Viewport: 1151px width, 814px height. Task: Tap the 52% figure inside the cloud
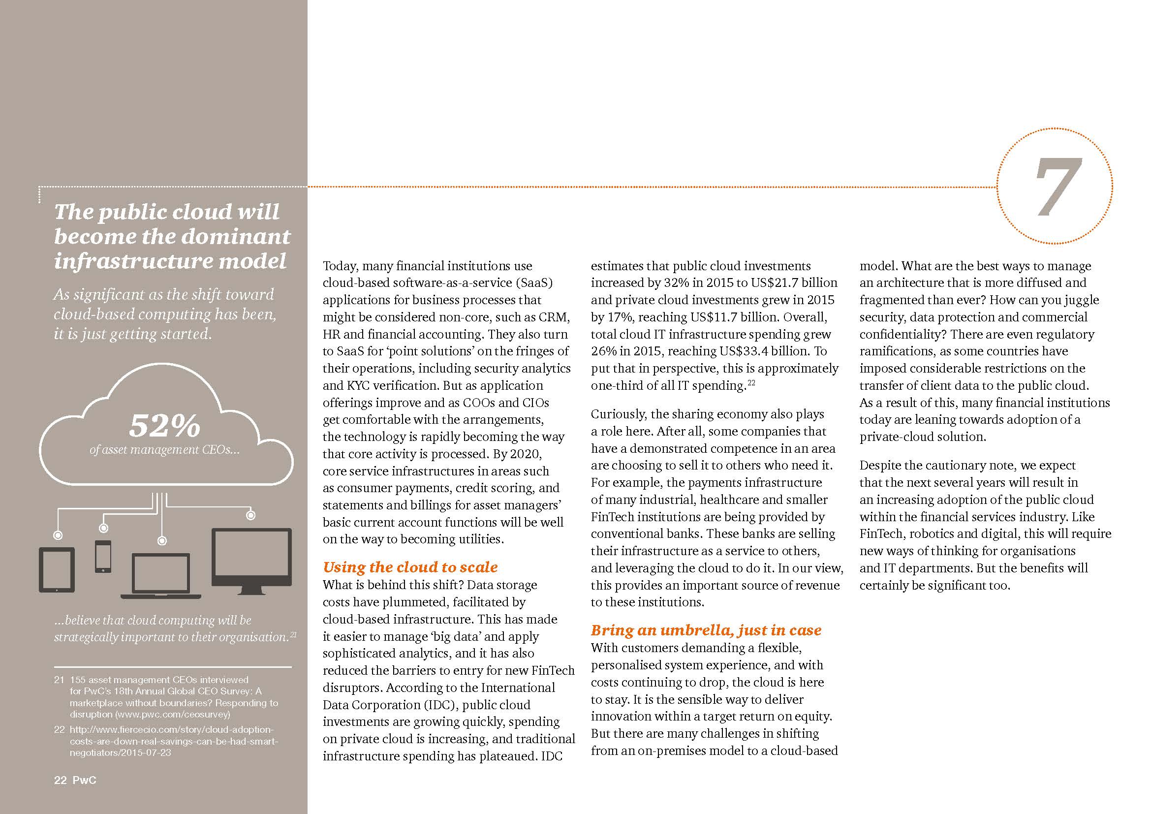coord(164,426)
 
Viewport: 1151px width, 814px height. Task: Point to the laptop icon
coord(161,575)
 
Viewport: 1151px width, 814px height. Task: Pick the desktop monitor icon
coord(251,561)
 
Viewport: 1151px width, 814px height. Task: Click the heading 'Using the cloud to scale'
coord(410,567)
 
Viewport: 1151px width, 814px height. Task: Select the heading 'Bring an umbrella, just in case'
coord(706,630)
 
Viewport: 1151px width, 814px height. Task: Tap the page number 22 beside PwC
coord(60,780)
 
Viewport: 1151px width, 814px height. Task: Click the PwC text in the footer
coord(84,780)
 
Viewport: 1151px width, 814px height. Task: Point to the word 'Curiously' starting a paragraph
coord(619,414)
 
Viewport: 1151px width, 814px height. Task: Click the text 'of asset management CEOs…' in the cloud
coord(164,450)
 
